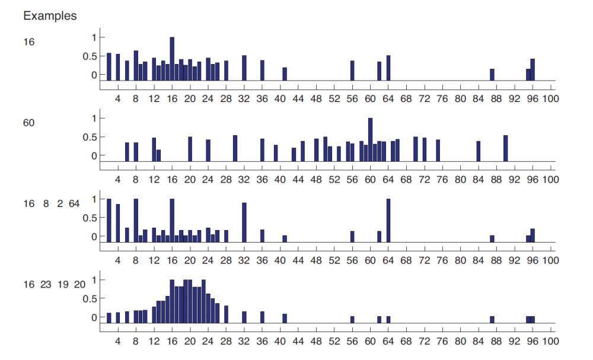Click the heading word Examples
pyautogui.click(x=50, y=16)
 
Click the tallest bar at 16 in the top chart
pyautogui.click(x=172, y=59)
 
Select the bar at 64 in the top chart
pyautogui.click(x=388, y=68)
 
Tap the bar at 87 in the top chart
pyautogui.click(x=492, y=75)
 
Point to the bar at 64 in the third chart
pyautogui.click(x=388, y=220)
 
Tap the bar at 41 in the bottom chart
pyautogui.click(x=285, y=318)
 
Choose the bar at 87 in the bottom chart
pyautogui.click(x=492, y=319)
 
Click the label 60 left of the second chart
pyautogui.click(x=29, y=123)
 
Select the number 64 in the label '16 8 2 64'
pyautogui.click(x=74, y=204)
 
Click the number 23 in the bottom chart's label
pyautogui.click(x=46, y=285)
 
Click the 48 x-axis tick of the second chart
pyautogui.click(x=316, y=180)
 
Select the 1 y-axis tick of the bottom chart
pyautogui.click(x=93, y=280)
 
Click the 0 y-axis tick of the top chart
pyautogui.click(x=93, y=75)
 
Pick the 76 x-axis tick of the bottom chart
pyautogui.click(x=442, y=341)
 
